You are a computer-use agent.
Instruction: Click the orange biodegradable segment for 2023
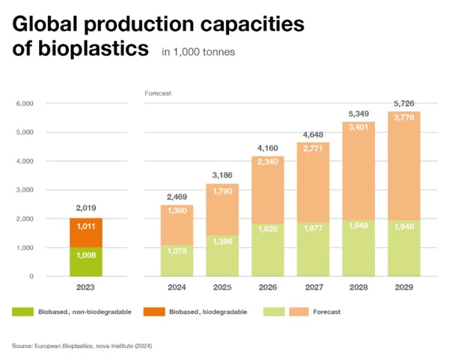[x=86, y=232]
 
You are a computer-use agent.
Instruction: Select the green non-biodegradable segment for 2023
[x=86, y=262]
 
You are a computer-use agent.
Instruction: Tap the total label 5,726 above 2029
[x=403, y=102]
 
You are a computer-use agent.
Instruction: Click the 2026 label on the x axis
[x=267, y=287]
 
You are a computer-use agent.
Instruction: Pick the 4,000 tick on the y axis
[x=25, y=161]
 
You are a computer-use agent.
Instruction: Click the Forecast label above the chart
[x=158, y=93]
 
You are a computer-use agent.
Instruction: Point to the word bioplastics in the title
[x=93, y=49]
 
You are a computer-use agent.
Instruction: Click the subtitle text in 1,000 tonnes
[x=198, y=52]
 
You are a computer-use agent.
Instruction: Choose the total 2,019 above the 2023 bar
[x=86, y=207]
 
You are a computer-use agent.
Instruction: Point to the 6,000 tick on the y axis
[x=25, y=103]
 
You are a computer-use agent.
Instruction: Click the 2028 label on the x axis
[x=358, y=287]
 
